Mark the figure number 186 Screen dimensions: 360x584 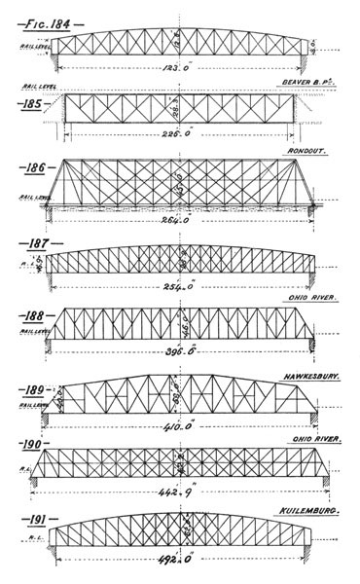32,166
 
